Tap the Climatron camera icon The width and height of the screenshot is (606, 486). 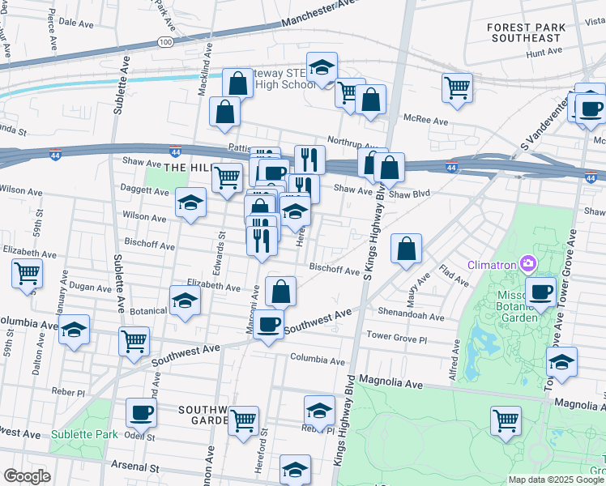[528, 263]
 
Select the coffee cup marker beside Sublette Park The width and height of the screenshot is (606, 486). [141, 413]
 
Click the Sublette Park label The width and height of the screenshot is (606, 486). [83, 434]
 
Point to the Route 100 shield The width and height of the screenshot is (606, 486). [165, 40]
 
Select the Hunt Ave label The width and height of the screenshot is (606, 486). [544, 52]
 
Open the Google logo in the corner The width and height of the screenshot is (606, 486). [27, 476]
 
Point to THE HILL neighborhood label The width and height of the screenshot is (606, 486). [187, 167]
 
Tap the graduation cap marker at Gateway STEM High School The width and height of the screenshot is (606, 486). [322, 68]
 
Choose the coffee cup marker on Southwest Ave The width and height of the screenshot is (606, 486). [268, 325]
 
